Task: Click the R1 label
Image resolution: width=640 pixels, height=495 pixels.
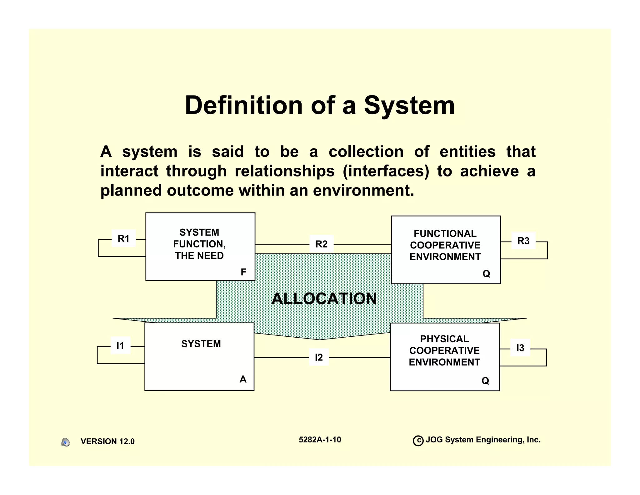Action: pyautogui.click(x=123, y=238)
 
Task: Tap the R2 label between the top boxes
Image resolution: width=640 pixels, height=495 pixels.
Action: pyautogui.click(x=321, y=244)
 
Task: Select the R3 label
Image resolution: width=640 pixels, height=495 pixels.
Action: pyautogui.click(x=523, y=241)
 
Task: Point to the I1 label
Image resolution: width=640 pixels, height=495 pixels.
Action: pyautogui.click(x=120, y=345)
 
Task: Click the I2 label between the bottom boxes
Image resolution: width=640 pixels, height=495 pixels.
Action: pyautogui.click(x=319, y=357)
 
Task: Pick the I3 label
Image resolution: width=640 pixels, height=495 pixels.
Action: pyautogui.click(x=520, y=348)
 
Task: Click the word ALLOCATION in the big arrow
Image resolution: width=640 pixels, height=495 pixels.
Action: pyautogui.click(x=324, y=299)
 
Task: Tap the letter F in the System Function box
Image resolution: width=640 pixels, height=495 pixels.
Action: pyautogui.click(x=243, y=272)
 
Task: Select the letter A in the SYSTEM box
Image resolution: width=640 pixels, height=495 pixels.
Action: pyautogui.click(x=243, y=379)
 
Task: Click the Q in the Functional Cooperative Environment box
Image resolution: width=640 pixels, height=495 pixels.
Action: pyautogui.click(x=486, y=274)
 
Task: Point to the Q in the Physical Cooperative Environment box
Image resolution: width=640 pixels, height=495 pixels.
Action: pyautogui.click(x=485, y=381)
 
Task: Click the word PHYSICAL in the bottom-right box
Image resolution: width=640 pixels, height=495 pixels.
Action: pyautogui.click(x=444, y=339)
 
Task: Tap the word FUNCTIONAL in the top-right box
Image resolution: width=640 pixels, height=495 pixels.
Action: pyautogui.click(x=445, y=234)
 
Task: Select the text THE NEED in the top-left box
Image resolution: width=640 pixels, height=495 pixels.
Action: pyautogui.click(x=199, y=256)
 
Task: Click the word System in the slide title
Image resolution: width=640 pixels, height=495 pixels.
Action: pyautogui.click(x=409, y=105)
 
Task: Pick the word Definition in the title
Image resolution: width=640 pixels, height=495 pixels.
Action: pyautogui.click(x=244, y=105)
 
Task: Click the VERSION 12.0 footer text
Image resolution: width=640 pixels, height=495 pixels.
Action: pyautogui.click(x=107, y=441)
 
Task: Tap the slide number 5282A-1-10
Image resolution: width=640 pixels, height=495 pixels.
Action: pyautogui.click(x=320, y=440)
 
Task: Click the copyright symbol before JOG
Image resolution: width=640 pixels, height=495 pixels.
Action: pyautogui.click(x=418, y=441)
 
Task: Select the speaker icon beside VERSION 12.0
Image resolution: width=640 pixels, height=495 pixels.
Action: pyautogui.click(x=65, y=442)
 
